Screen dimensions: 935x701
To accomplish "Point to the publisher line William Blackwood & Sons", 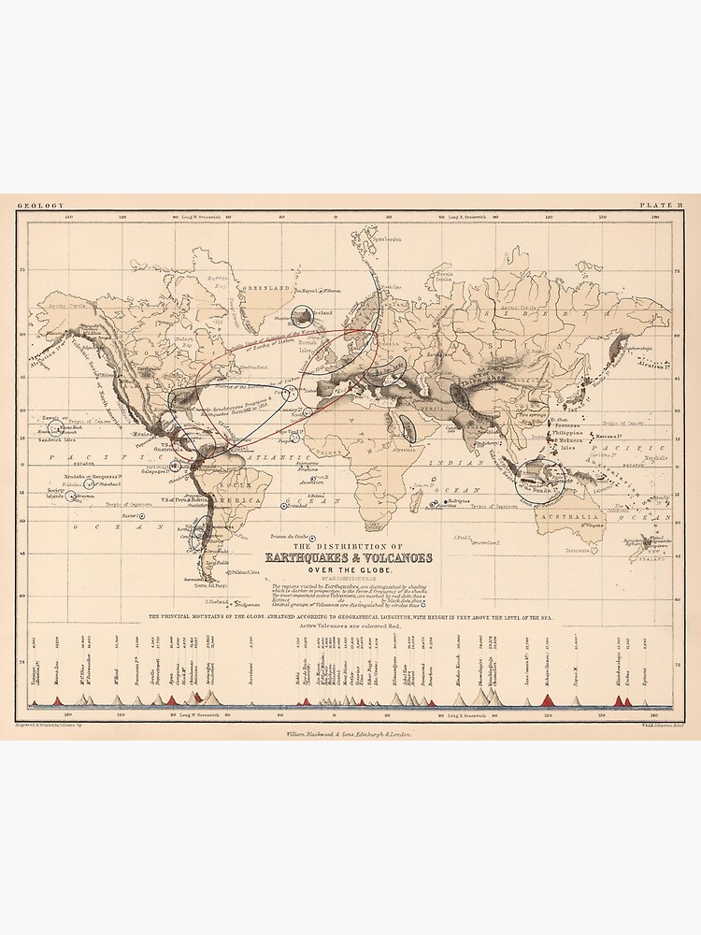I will point(350,736).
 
